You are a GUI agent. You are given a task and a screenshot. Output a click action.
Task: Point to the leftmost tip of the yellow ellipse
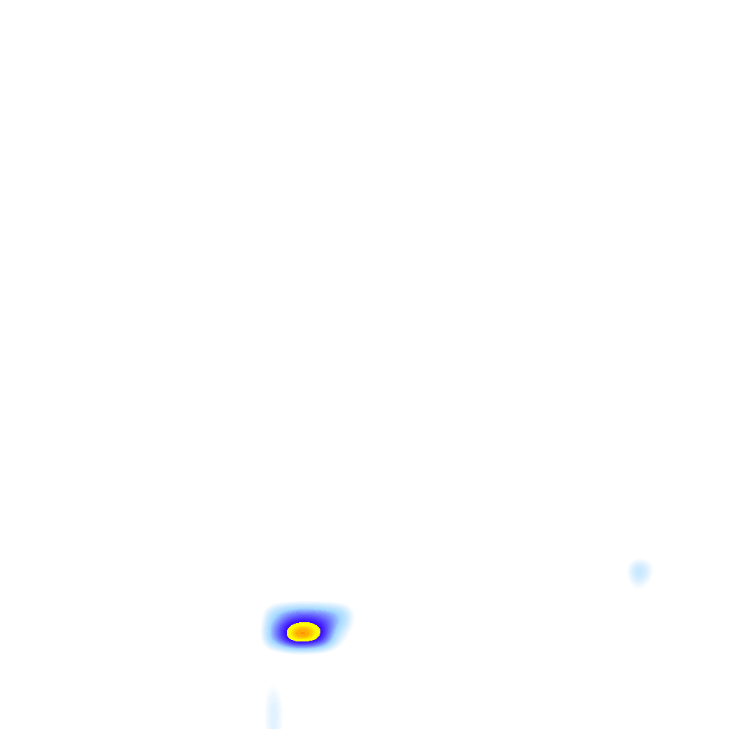(x=288, y=631)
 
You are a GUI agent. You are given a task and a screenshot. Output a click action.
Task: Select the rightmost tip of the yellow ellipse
(x=320, y=631)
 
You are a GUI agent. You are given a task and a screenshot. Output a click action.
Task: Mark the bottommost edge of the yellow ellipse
(x=303, y=641)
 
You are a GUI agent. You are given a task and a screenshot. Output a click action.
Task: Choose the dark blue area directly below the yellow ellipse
(x=303, y=646)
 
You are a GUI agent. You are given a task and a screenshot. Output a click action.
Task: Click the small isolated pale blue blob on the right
(x=639, y=572)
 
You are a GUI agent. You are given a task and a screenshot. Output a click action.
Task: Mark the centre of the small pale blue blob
(x=639, y=571)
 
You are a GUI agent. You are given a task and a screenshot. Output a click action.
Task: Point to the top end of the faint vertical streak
(x=273, y=691)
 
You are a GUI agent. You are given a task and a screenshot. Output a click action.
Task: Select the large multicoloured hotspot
(x=305, y=630)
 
